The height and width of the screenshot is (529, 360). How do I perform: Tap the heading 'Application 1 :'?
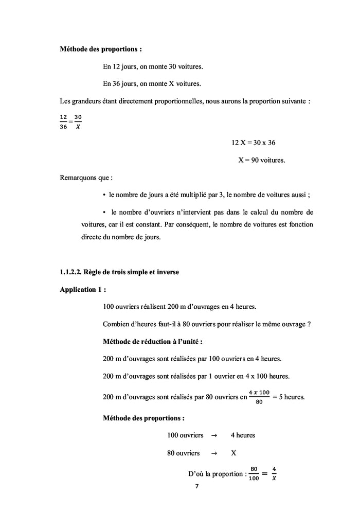pyautogui.click(x=83, y=289)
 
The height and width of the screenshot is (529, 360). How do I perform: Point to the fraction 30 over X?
pyautogui.click(x=78, y=122)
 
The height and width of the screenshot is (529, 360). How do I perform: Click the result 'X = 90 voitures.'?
pyautogui.click(x=261, y=160)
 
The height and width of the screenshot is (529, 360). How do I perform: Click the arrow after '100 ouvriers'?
pyautogui.click(x=214, y=435)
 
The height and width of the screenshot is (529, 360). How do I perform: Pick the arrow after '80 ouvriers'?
pyautogui.click(x=214, y=453)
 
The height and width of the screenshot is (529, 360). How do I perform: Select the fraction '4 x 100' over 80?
pyautogui.click(x=259, y=397)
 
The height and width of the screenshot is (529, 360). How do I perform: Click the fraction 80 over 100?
pyautogui.click(x=254, y=473)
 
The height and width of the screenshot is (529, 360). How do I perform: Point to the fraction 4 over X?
pyautogui.click(x=274, y=473)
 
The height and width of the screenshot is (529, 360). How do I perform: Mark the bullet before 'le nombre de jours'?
pyautogui.click(x=104, y=195)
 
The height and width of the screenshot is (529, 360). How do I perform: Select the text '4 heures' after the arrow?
pyautogui.click(x=243, y=435)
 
